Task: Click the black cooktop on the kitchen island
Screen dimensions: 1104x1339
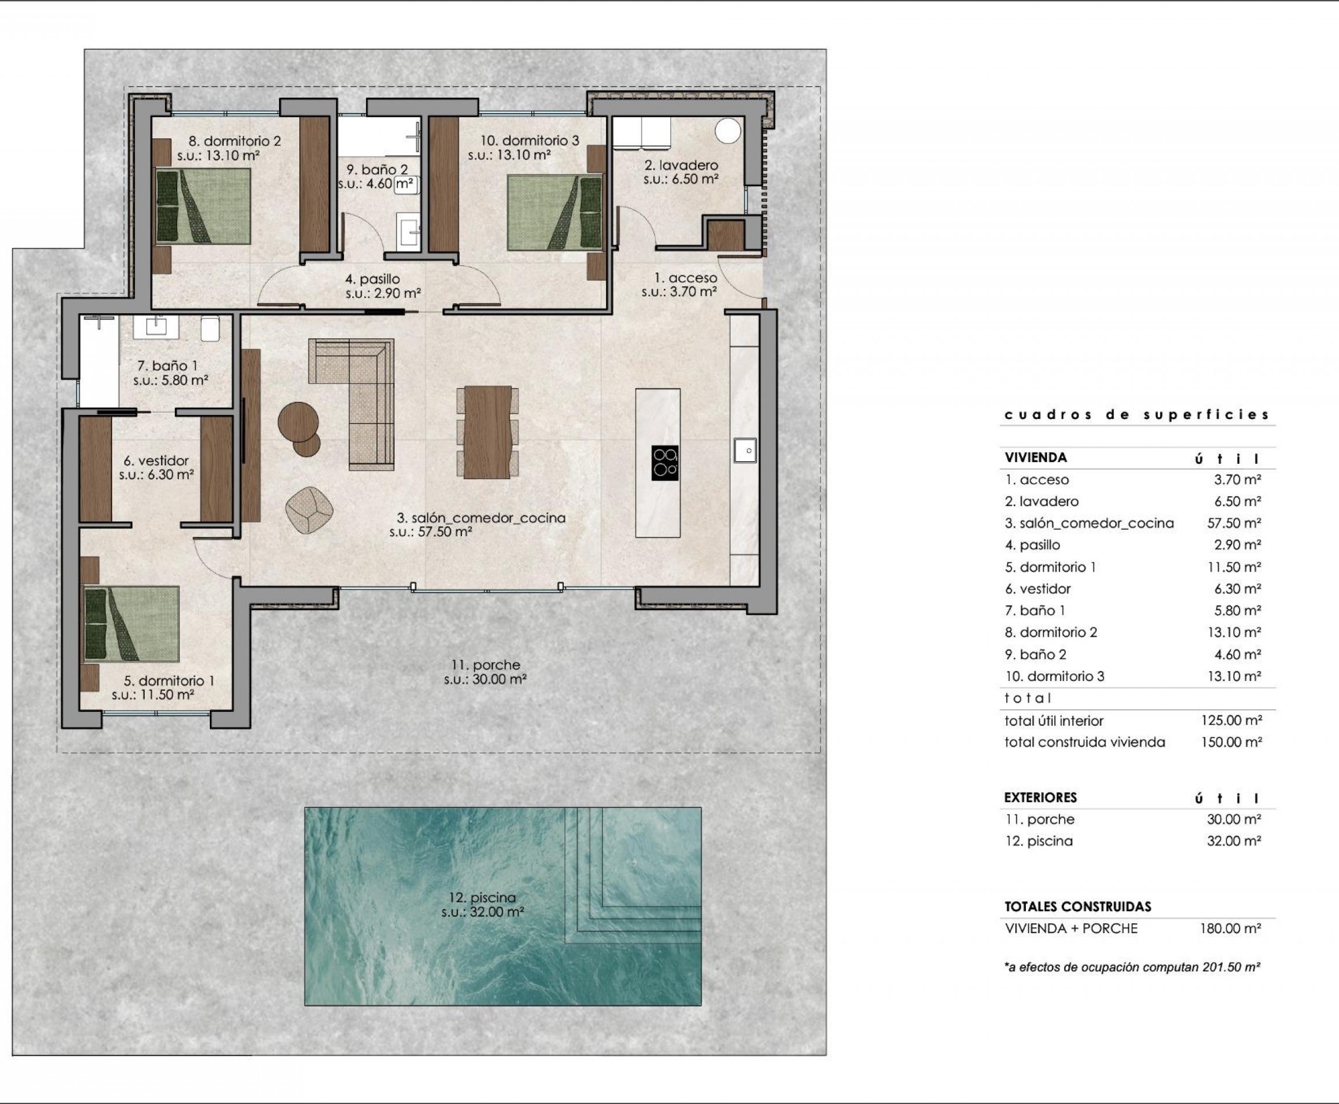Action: click(x=665, y=463)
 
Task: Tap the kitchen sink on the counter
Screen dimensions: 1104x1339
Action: click(x=745, y=450)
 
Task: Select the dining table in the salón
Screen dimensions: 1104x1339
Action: click(x=487, y=432)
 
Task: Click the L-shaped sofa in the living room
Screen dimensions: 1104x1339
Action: click(x=361, y=395)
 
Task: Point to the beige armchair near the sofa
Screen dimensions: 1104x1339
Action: click(x=309, y=510)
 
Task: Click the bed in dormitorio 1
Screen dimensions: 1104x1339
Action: click(x=132, y=624)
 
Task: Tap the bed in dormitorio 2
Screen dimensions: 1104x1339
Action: click(x=203, y=206)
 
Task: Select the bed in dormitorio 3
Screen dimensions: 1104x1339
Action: click(x=554, y=213)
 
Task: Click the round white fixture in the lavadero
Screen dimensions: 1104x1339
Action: click(x=728, y=131)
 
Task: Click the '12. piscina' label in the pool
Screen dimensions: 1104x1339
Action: click(x=483, y=898)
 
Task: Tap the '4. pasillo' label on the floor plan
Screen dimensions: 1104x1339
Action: click(x=373, y=279)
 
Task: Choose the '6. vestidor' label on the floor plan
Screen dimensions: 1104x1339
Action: click(x=156, y=460)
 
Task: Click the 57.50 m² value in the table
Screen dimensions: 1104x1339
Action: click(x=1233, y=523)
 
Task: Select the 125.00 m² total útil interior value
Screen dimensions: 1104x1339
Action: click(x=1231, y=721)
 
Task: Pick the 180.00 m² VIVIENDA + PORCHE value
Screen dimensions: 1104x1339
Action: click(x=1231, y=929)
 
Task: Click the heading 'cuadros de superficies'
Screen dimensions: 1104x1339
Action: click(x=1137, y=415)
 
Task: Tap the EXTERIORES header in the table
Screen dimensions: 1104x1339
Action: click(x=1041, y=797)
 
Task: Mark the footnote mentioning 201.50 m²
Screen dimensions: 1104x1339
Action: click(x=1132, y=967)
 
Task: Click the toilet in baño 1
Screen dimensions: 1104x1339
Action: click(x=210, y=329)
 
